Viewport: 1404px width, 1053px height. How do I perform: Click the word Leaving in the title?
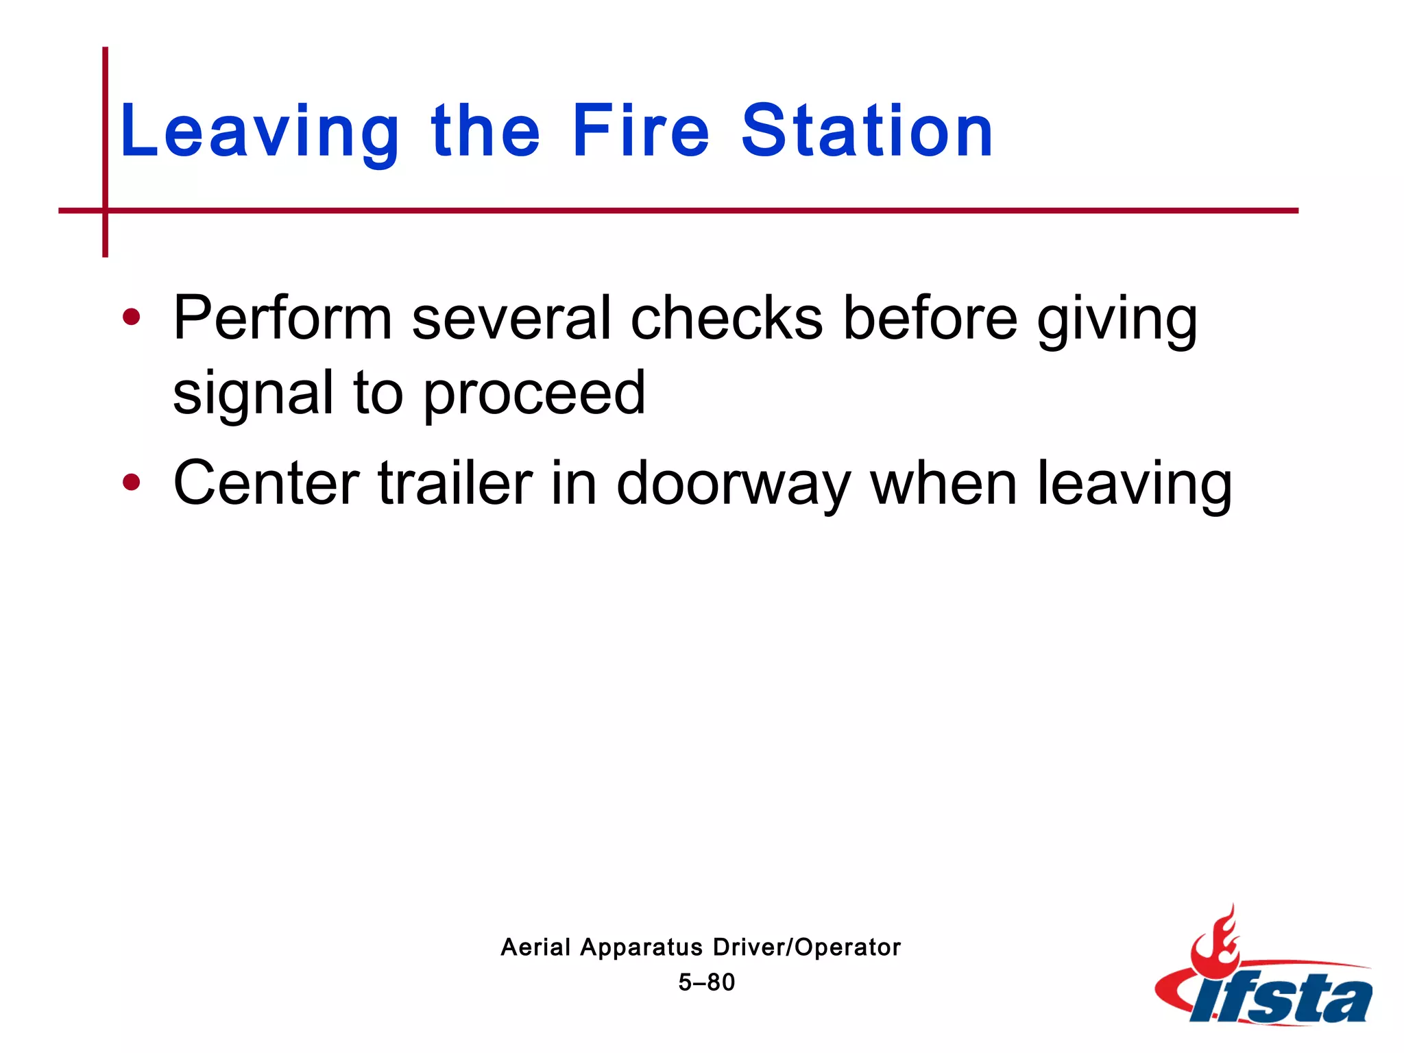259,132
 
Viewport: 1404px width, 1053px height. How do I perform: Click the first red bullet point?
131,317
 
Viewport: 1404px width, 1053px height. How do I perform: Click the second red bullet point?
131,483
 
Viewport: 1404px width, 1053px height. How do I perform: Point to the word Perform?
282,319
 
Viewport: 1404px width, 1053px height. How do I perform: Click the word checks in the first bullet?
726,319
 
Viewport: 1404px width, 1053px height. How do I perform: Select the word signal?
253,394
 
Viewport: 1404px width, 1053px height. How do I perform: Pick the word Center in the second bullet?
266,483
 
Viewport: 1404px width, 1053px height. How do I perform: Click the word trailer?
455,483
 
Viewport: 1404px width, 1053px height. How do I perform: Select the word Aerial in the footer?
535,947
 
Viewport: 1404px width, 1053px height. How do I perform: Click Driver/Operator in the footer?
806,947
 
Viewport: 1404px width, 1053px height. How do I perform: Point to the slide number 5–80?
706,982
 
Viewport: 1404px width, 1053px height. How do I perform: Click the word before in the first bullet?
930,319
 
